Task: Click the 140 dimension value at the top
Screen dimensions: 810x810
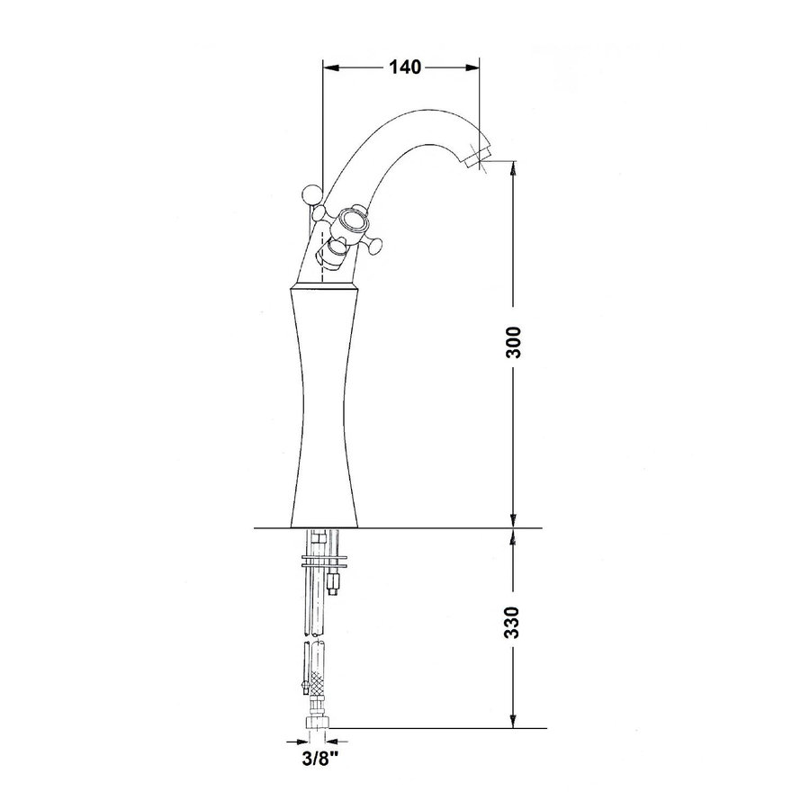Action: pos(405,67)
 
